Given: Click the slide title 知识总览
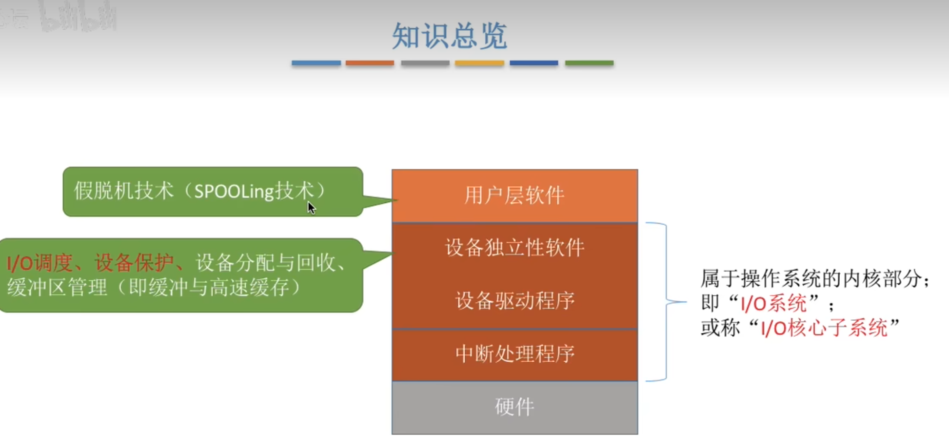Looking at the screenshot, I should pos(449,36).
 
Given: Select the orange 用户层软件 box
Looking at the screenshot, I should pos(514,195).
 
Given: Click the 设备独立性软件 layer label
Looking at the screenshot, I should pos(514,248).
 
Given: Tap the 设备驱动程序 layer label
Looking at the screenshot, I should pos(514,301).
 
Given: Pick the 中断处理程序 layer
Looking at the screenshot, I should pos(514,354).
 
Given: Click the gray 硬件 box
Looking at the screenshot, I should pos(514,407).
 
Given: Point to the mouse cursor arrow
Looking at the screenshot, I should pos(311,208).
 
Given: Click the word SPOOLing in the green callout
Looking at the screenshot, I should pos(234,191).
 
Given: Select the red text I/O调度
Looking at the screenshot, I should pos(40,263).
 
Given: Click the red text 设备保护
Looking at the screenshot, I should pos(134,263).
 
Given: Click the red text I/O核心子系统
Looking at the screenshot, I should pos(824,328).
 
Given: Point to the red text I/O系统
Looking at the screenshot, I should pos(773,304).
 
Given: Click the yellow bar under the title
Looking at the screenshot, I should pos(479,63).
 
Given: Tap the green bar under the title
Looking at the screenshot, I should pos(589,63).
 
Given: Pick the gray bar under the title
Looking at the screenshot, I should pos(425,63).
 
